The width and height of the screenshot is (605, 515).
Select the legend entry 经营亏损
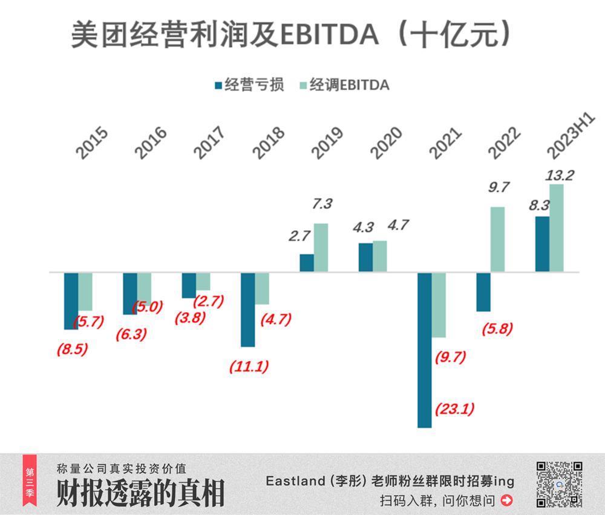pyautogui.click(x=249, y=85)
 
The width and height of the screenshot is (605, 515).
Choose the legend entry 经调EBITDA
pyautogui.click(x=344, y=85)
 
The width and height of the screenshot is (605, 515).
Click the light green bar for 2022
pyautogui.click(x=497, y=239)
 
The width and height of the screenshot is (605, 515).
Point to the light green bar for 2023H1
pyautogui.click(x=556, y=228)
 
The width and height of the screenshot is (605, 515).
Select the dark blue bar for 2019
pyautogui.click(x=307, y=263)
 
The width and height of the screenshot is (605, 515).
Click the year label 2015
pyautogui.click(x=92, y=144)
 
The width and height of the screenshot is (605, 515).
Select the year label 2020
pyautogui.click(x=386, y=144)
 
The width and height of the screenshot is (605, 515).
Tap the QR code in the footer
pyautogui.click(x=559, y=483)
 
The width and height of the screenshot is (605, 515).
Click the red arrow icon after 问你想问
pyautogui.click(x=507, y=500)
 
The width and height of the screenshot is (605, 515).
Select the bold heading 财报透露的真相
pyautogui.click(x=140, y=493)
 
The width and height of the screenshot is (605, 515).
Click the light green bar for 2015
pyautogui.click(x=85, y=291)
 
